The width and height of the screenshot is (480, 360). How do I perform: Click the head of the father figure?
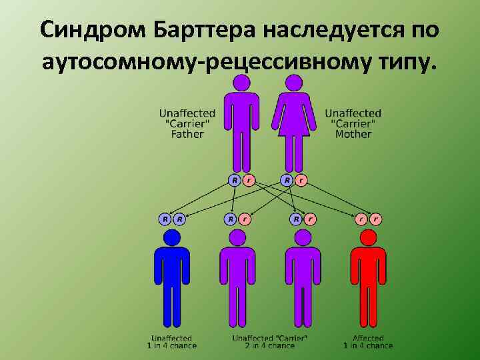coord(241,83)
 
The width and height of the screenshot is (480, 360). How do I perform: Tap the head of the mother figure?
coord(293,83)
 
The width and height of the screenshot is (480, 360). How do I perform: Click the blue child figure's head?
coord(172,237)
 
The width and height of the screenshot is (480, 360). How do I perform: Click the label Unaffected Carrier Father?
coord(187,124)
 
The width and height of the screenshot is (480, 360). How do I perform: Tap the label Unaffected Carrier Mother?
coord(353,124)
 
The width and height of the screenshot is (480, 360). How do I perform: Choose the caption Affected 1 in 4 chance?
coord(368,341)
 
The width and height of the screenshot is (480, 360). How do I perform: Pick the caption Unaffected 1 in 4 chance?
coord(171,341)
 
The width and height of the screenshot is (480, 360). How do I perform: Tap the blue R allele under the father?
coord(235,180)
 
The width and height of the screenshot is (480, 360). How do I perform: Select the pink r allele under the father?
coord(249,180)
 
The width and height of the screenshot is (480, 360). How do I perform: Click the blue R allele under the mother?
coord(287,180)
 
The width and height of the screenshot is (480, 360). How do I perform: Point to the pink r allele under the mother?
coord(301,180)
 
